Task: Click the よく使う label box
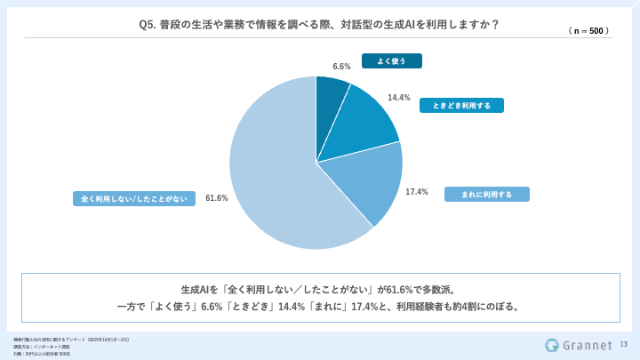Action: pos(391,61)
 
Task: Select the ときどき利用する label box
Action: pos(461,105)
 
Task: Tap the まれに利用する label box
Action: pos(485,194)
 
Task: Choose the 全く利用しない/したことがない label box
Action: pos(134,198)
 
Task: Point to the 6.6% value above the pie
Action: pos(341,67)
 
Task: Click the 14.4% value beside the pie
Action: pos(399,98)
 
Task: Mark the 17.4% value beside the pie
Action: pos(417,191)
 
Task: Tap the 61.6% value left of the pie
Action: pos(217,197)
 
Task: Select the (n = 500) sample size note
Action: pos(588,30)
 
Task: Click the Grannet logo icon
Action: pos(552,345)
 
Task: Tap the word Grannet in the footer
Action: pos(587,345)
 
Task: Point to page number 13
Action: pos(623,345)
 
